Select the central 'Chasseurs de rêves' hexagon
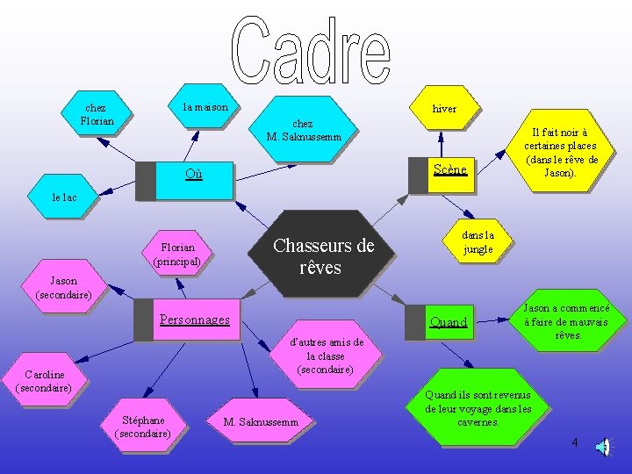coord(323,256)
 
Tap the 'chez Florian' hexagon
coord(97,114)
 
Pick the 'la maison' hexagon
coord(205,107)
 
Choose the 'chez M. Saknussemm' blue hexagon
coord(302,130)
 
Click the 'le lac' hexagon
coord(64,197)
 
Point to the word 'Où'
coord(194,174)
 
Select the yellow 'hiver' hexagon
coord(444,109)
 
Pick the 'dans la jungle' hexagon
coord(478,241)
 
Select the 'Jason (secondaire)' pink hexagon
coord(63,288)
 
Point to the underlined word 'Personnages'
coord(194,320)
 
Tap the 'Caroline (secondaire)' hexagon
coord(44,380)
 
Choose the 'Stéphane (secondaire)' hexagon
coord(143,426)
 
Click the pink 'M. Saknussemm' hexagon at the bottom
coord(262,423)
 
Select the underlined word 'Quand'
coord(449,322)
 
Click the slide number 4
coord(575,442)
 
